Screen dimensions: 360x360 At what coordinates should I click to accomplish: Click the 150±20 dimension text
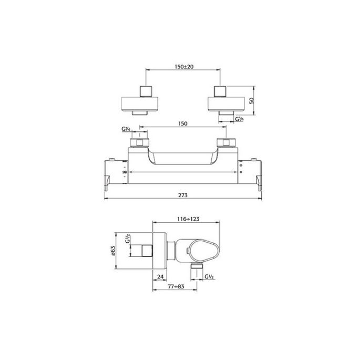(184, 67)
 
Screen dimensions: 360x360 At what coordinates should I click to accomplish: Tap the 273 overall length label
(183, 194)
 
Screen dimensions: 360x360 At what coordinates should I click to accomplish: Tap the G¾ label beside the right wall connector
(240, 120)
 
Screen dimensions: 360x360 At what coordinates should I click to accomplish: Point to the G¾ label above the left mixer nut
(126, 129)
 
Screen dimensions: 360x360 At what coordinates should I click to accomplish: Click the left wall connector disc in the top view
(141, 102)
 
